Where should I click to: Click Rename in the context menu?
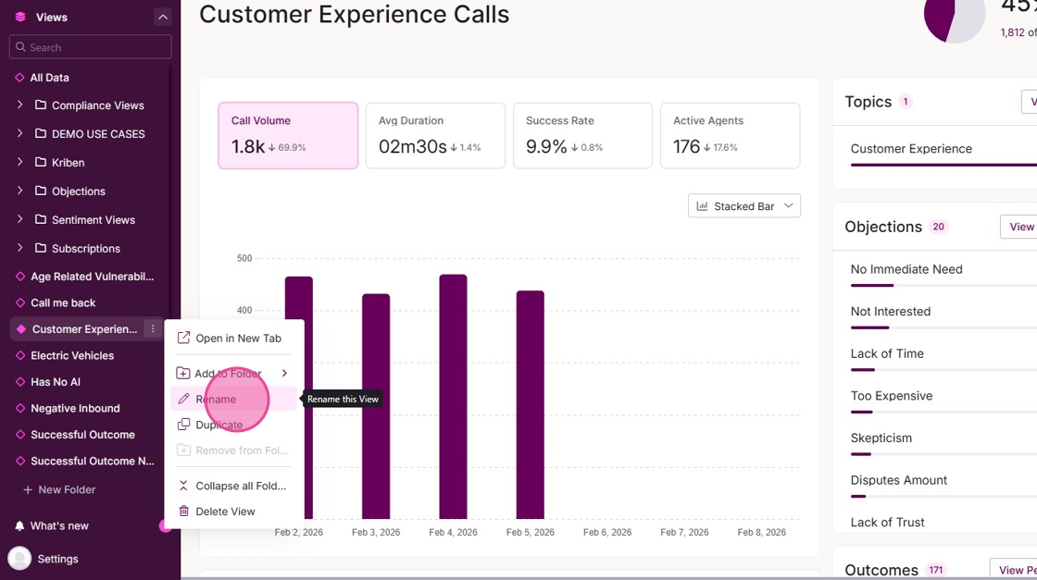216,400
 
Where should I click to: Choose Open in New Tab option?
238,339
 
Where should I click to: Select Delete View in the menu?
225,512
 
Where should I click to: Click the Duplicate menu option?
219,426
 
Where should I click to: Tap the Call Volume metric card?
288,136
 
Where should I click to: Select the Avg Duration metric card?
435,136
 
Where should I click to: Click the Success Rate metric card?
582,136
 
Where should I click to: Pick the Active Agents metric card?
730,136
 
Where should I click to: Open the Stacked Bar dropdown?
744,206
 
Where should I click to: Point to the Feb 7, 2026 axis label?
684,533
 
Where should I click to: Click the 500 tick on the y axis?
244,259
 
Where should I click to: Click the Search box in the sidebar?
91,47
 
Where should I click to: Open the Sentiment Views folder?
94,220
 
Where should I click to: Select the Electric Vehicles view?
72,356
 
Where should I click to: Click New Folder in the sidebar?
67,490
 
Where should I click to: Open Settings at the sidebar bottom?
57,560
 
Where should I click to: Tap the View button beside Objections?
1020,227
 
